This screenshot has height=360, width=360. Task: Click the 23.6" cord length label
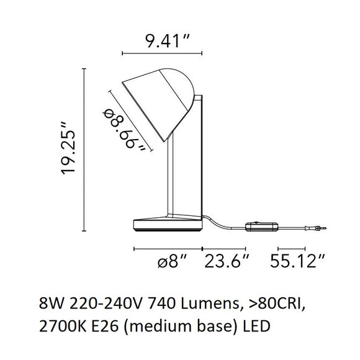pyautogui.click(x=228, y=262)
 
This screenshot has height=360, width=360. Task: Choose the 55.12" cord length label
pyautogui.click(x=297, y=262)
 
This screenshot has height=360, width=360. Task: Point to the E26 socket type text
pyautogui.click(x=101, y=325)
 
